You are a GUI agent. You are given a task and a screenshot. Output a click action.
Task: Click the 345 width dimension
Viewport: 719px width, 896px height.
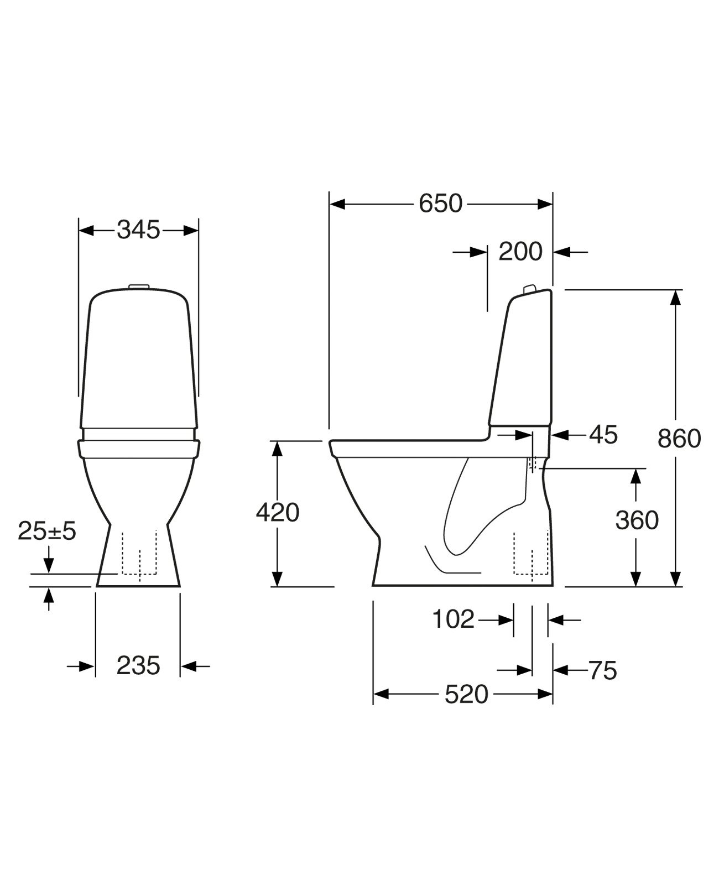[x=138, y=230]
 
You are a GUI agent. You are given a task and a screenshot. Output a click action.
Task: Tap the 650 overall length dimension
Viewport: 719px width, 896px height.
[x=440, y=204]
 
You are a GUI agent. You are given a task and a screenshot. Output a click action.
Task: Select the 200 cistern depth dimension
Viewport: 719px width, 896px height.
[x=520, y=252]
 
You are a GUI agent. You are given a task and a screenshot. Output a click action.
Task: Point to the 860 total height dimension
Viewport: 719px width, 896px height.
[x=679, y=439]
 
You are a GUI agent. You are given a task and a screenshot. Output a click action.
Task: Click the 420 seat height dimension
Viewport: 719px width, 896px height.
[x=278, y=513]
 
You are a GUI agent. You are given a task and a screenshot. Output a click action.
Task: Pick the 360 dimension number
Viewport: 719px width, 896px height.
[x=637, y=520]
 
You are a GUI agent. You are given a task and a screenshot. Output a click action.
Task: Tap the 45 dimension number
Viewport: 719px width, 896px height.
[x=603, y=435]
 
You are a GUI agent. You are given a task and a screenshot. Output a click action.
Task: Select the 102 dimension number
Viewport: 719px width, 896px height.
[x=454, y=619]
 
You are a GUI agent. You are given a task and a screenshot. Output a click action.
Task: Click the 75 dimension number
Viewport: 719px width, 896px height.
[x=603, y=671]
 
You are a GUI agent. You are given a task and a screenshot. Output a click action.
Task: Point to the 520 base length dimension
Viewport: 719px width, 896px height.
[x=466, y=695]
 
